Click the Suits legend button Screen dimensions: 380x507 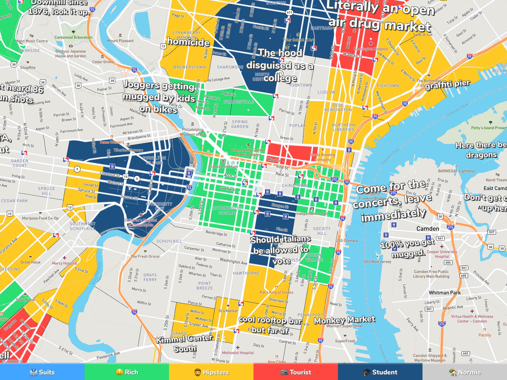42,372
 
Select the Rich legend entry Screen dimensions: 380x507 127,372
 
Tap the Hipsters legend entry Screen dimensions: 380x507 211,372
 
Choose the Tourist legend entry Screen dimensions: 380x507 296,372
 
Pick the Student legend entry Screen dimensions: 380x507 380,372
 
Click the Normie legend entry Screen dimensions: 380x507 465,372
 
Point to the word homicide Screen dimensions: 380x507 188,42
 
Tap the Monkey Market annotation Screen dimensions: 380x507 344,320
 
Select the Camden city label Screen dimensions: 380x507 428,229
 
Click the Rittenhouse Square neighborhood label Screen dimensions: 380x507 227,210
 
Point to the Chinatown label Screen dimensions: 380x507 294,185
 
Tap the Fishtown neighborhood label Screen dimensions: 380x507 388,86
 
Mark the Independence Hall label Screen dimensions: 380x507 312,213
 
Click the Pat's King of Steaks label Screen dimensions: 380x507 276,292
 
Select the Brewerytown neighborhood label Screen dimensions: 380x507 189,67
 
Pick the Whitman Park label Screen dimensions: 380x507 445,293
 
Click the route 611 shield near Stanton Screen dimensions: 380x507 289,13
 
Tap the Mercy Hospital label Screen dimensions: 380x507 64,263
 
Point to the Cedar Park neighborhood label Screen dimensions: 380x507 15,201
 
